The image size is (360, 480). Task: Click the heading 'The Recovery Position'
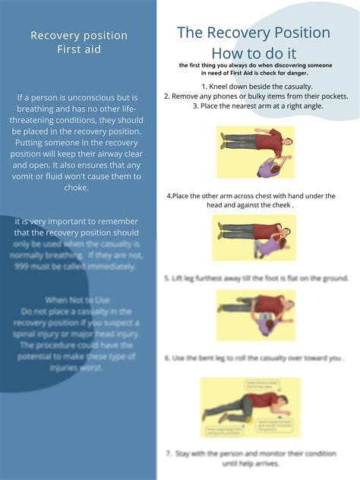coord(254,33)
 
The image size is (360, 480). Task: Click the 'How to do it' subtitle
coord(254,53)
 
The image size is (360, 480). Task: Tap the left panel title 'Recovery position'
coord(78,36)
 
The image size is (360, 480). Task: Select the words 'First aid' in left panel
coord(78,49)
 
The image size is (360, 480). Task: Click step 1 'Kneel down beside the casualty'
coord(256,87)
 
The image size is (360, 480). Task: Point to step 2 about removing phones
coord(256,96)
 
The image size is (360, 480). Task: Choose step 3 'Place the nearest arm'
coord(256,106)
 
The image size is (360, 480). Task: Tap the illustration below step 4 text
coord(254,237)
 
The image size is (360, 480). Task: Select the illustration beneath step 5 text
coord(255,314)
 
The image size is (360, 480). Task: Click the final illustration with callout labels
coord(251,406)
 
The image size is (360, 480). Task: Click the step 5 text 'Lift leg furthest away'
coord(254,279)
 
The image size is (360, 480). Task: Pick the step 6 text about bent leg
coord(254,357)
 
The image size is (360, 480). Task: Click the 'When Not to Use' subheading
coord(78,300)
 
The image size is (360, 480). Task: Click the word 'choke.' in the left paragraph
coord(78,188)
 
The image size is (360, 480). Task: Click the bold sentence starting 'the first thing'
coord(254,69)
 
